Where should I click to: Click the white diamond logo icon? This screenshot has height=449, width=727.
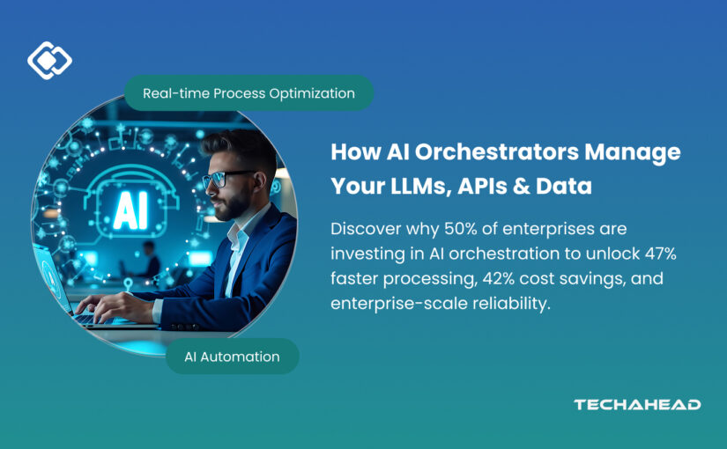point(49,60)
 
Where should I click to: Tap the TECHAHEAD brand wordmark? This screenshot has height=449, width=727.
point(637,404)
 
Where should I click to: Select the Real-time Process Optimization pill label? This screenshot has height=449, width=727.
point(249,92)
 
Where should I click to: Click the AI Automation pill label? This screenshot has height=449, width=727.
point(233,357)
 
